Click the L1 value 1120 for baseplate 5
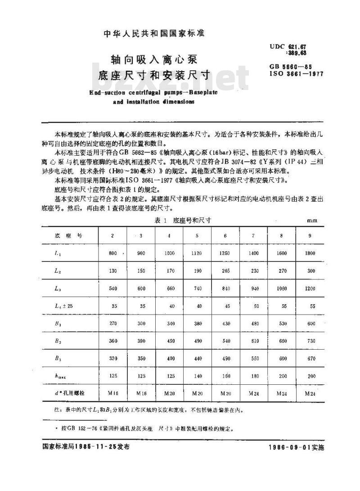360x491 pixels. coord(197,253)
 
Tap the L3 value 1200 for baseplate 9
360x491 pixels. coord(310,288)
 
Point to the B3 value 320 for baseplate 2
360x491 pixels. coord(113,358)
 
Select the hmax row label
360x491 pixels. coord(59,376)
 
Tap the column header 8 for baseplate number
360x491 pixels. coord(282,236)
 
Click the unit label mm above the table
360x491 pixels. coord(312,221)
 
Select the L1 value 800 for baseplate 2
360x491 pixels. coord(113,253)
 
